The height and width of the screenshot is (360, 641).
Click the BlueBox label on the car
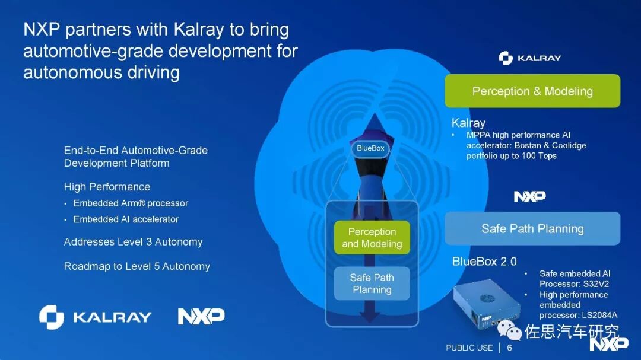[x=370, y=148]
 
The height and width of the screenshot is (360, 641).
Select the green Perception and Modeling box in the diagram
[x=372, y=237]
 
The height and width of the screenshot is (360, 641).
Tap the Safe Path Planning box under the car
[x=372, y=283]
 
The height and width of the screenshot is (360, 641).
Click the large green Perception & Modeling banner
[x=532, y=91]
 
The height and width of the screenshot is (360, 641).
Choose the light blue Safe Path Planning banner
[x=532, y=229]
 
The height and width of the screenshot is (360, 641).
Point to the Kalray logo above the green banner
[x=530, y=58]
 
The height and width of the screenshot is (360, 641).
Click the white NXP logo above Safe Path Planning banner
[x=529, y=196]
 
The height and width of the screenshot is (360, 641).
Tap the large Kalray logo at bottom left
[x=95, y=317]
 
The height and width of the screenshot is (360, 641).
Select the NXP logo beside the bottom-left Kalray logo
[x=201, y=316]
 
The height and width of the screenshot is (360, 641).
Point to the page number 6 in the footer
[x=509, y=348]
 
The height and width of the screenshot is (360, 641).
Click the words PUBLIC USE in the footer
[x=469, y=348]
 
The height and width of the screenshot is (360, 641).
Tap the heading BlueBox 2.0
[x=484, y=262]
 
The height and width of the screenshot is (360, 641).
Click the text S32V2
[x=595, y=284]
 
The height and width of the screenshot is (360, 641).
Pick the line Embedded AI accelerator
[x=126, y=219]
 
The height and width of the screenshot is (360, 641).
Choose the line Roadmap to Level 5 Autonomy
[x=137, y=266]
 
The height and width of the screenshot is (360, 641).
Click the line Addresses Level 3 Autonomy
[x=134, y=242]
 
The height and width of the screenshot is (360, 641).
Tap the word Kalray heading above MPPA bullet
[x=468, y=123]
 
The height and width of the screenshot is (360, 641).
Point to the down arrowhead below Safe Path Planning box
[x=370, y=316]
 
